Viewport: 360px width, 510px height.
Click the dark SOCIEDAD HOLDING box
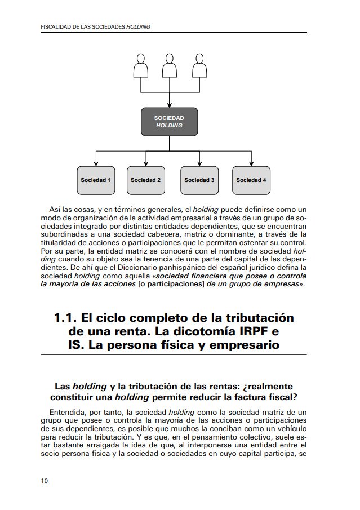[169, 122]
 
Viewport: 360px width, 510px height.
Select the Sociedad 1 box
[96, 180]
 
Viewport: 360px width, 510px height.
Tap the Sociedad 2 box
[146, 180]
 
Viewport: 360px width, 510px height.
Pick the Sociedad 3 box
[199, 180]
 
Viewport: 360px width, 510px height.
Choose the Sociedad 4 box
[251, 180]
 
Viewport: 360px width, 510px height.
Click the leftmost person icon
[140, 66]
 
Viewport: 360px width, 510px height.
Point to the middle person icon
[170, 66]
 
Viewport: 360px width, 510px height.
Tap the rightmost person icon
[199, 66]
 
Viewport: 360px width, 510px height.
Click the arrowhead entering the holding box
[170, 105]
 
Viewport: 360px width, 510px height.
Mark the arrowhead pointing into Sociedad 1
[96, 163]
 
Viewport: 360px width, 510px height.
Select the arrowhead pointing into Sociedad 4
[251, 163]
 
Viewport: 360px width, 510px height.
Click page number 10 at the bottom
[45, 481]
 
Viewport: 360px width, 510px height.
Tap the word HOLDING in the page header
[138, 27]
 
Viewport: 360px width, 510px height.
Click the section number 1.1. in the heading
[65, 318]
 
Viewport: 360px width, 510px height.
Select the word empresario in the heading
[245, 345]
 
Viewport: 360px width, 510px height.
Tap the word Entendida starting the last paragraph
[68, 413]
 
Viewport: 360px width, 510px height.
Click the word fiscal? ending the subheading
[283, 397]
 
